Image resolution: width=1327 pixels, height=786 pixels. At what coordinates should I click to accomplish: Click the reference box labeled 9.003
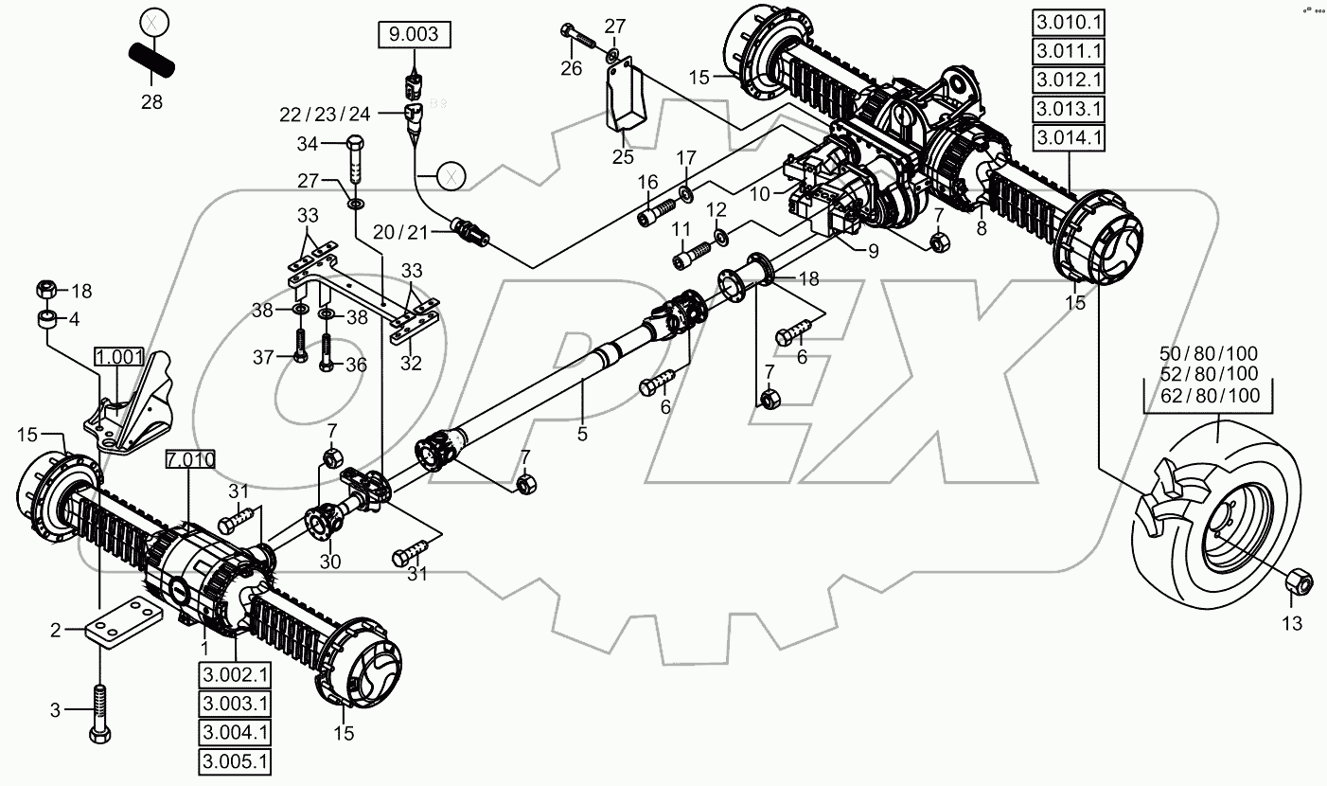point(415,36)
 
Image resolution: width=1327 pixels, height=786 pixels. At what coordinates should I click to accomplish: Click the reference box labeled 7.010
point(189,461)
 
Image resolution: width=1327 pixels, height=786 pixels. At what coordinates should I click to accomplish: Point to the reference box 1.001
point(119,358)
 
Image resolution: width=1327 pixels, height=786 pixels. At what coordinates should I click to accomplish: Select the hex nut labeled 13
point(1300,582)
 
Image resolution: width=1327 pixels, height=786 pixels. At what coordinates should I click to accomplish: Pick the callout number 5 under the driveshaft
point(582,434)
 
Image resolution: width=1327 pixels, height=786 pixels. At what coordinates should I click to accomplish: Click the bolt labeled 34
point(357,162)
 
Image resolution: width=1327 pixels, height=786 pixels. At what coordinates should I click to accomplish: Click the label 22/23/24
point(325,114)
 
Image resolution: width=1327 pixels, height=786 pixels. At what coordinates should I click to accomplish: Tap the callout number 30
point(329,562)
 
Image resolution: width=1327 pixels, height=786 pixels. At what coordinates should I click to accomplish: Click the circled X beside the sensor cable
point(451,175)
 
